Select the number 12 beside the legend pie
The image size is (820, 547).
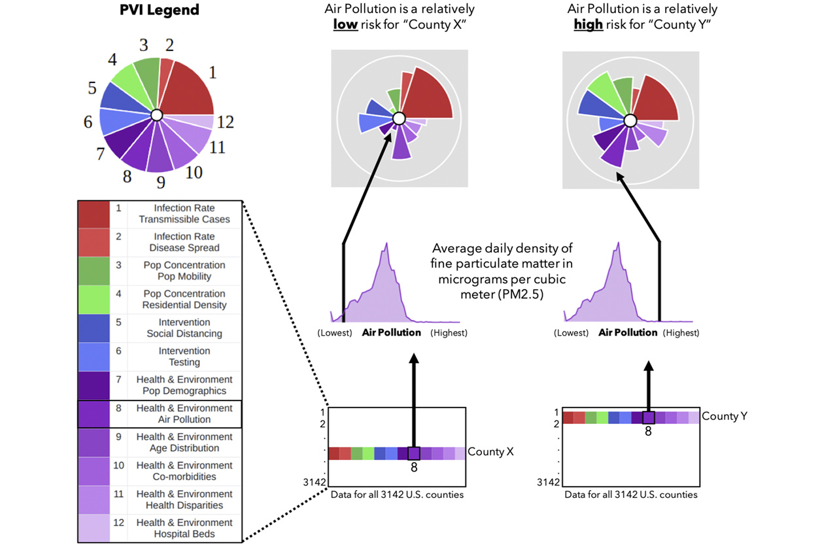click(x=226, y=122)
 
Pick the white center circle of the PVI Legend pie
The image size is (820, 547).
click(x=156, y=115)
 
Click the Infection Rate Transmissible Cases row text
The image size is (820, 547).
click(x=184, y=214)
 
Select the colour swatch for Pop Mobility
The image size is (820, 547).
click(x=94, y=271)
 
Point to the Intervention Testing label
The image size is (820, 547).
click(x=184, y=357)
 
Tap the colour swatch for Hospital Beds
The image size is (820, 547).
click(x=94, y=528)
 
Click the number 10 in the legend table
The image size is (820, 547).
click(x=118, y=465)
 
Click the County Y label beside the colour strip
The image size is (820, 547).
click(x=724, y=416)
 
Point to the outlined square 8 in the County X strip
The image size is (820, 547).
click(x=414, y=453)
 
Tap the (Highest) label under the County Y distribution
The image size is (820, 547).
click(x=683, y=332)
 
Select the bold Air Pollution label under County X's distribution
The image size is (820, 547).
click(x=391, y=332)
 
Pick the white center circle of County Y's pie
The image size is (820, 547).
click(x=630, y=120)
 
